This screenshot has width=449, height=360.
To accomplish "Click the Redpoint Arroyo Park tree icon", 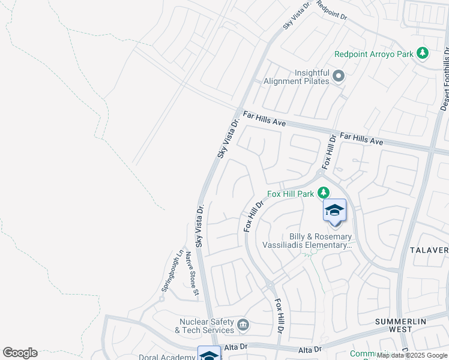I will [x=423, y=53].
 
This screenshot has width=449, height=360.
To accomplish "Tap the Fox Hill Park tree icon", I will [x=324, y=193].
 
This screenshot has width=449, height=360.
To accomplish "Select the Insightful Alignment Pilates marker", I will [x=339, y=76].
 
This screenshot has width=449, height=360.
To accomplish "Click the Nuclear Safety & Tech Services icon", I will [x=243, y=325].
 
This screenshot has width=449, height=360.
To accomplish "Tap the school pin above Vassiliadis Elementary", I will [x=334, y=211].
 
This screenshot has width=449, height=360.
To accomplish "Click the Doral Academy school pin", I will [x=209, y=355].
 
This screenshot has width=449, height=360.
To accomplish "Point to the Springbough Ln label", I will [x=171, y=271].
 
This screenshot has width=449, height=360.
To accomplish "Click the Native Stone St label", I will [x=191, y=274].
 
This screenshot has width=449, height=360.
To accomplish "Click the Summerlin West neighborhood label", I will [x=402, y=325].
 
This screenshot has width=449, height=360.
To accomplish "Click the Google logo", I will [x=20, y=353].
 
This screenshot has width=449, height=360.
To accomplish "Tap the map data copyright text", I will [x=412, y=356].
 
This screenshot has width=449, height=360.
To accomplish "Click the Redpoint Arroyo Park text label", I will [x=374, y=54].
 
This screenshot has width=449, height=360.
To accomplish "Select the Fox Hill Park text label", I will [x=291, y=194].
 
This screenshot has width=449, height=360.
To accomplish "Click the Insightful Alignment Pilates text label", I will [x=312, y=77].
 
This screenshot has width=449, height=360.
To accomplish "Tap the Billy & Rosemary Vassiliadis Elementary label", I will [x=307, y=241].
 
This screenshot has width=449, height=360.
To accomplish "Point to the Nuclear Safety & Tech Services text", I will [x=205, y=326].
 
